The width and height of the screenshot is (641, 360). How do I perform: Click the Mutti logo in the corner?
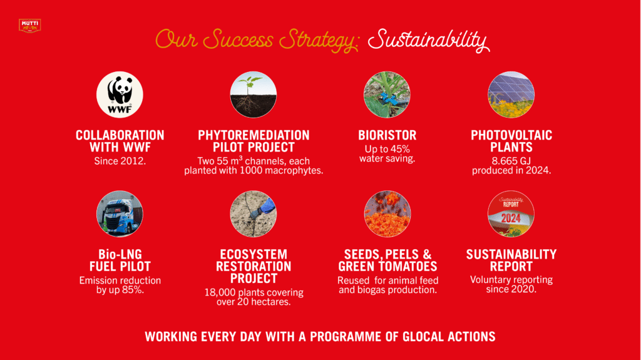(30, 26)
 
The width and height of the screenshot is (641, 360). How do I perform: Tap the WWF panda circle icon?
(120, 95)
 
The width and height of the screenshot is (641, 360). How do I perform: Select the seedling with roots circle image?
(254, 95)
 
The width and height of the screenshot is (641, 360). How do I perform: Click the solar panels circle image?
(511, 95)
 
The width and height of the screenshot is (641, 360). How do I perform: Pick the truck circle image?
(120, 214)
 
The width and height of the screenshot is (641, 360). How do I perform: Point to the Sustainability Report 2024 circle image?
(511, 214)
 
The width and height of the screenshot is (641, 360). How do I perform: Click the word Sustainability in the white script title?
(428, 41)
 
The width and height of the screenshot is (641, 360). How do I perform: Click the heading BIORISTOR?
(387, 135)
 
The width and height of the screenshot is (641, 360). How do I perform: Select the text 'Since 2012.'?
(120, 161)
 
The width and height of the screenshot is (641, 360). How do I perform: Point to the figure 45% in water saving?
(399, 149)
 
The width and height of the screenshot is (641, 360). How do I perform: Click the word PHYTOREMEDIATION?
(254, 135)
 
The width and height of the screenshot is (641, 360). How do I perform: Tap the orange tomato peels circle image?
(387, 214)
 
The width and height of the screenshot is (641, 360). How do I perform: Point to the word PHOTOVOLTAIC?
(511, 135)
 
